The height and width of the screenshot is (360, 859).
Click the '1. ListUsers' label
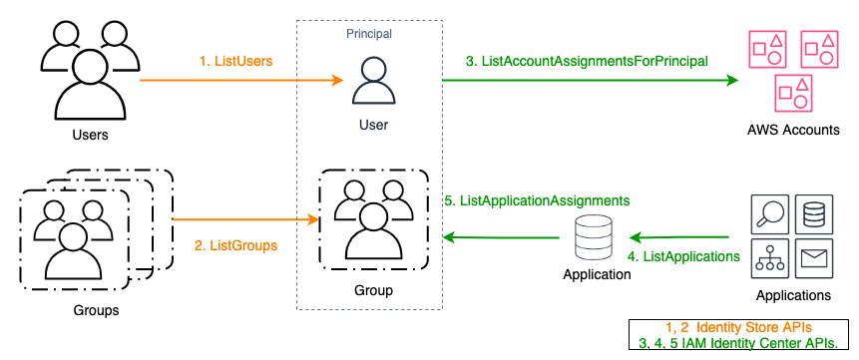click(236, 61)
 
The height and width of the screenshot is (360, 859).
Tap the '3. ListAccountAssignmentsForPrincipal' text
click(587, 61)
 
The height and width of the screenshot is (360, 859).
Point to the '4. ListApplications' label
click(684, 256)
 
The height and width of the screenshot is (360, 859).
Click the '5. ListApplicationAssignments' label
click(537, 199)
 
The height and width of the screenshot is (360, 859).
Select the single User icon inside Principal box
click(373, 81)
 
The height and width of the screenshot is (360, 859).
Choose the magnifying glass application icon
click(768, 211)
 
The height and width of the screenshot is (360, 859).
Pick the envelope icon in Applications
click(815, 259)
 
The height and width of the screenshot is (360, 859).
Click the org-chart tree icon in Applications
click(768, 259)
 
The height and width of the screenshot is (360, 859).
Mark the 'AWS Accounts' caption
click(793, 131)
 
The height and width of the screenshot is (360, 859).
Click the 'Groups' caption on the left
click(96, 310)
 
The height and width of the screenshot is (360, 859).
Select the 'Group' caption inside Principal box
click(373, 290)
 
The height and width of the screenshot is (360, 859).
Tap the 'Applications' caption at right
click(793, 295)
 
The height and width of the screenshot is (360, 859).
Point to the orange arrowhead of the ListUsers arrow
click(336, 81)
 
